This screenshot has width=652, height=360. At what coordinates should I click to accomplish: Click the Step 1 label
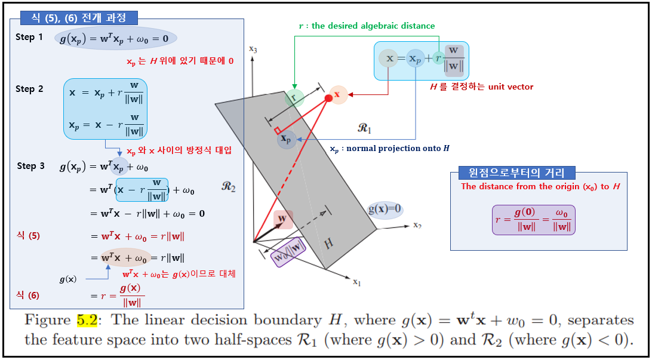[29, 37]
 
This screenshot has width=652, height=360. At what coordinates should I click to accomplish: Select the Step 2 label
[29, 89]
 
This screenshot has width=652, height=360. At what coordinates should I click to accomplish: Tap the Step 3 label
[30, 166]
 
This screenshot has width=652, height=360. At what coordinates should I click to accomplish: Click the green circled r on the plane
[294, 98]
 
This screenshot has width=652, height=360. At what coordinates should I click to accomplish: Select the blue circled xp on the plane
[287, 140]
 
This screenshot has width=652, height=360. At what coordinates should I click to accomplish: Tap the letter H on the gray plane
[328, 244]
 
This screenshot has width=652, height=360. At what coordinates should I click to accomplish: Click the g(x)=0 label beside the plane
[385, 210]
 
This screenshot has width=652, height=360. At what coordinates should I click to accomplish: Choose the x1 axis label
[356, 282]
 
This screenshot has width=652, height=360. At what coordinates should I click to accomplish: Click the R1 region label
[365, 128]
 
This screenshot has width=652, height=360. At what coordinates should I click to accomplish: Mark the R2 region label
[229, 187]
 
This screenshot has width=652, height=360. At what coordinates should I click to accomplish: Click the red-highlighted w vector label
[283, 219]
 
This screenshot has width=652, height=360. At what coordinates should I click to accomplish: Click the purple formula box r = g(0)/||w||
[533, 220]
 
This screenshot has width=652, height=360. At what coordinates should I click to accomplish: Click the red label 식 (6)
[29, 295]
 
